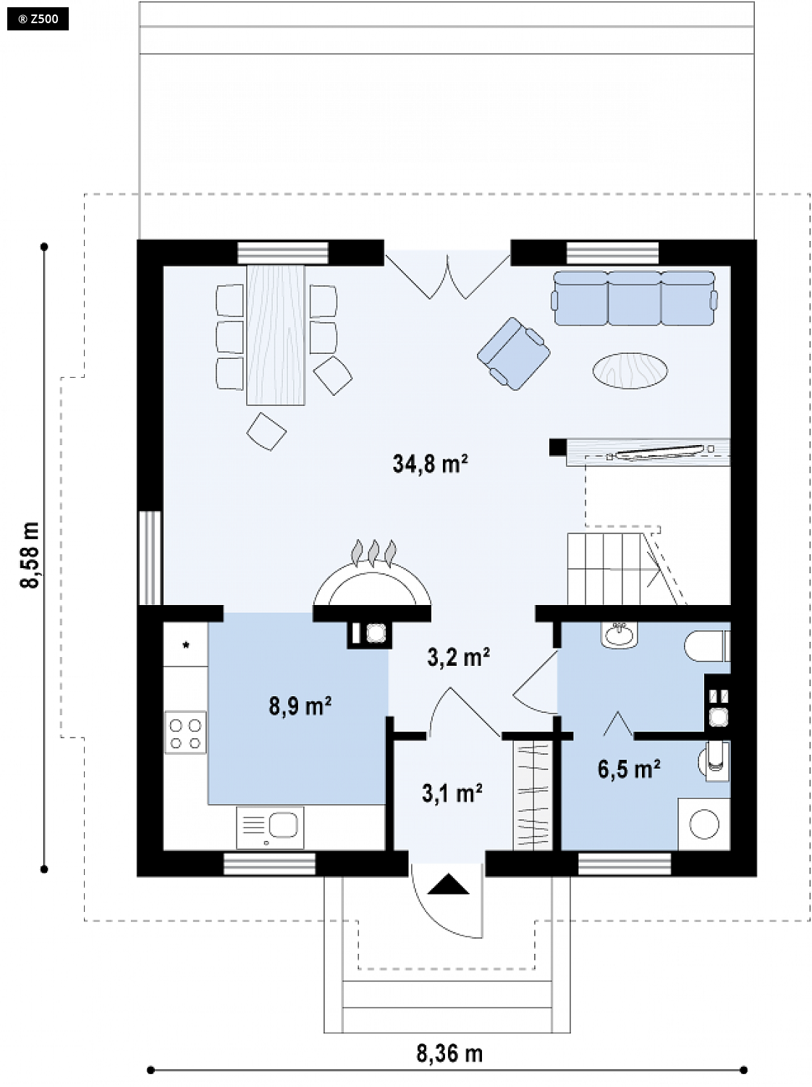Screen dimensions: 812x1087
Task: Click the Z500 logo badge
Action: tap(38, 19)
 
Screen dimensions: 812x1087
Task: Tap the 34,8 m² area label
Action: tap(430, 464)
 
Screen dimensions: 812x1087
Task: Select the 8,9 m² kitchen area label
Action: tap(300, 706)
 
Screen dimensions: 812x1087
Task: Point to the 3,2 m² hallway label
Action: tap(459, 657)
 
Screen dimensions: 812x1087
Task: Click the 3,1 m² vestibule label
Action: tap(452, 793)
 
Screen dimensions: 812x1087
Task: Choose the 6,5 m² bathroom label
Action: tap(629, 769)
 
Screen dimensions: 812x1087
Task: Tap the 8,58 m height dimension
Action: tap(30, 554)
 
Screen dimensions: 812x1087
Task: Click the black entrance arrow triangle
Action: tap(448, 884)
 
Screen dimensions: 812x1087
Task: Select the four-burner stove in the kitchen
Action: tap(185, 732)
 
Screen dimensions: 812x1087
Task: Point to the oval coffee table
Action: tap(630, 370)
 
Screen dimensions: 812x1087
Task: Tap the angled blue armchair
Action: tap(513, 354)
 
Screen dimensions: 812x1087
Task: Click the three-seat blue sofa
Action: tap(634, 298)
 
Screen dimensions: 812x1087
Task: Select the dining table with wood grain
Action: tap(275, 335)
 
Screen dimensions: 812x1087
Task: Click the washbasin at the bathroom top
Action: tap(619, 635)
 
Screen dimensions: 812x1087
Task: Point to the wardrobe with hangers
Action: tap(533, 796)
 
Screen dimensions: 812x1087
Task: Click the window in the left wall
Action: tap(150, 558)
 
